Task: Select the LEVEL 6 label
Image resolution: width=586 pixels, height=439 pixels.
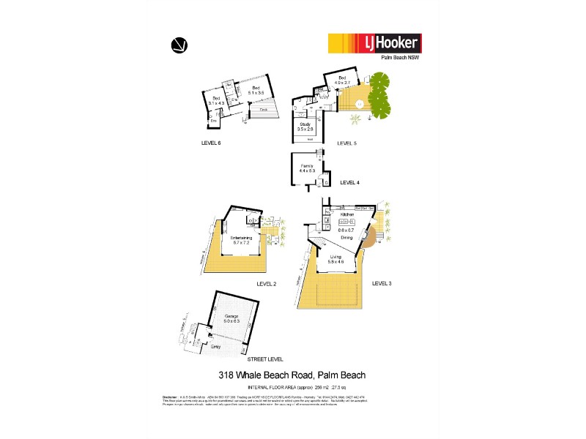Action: [211, 143]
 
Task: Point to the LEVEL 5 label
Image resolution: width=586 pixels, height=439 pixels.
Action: [346, 143]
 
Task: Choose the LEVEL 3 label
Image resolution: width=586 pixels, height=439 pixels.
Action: [382, 282]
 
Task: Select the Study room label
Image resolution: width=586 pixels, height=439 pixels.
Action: [305, 124]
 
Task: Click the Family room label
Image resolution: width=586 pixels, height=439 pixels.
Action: [307, 167]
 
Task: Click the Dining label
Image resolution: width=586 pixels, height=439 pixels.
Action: [347, 238]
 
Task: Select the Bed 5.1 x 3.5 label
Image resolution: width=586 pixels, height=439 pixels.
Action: [256, 91]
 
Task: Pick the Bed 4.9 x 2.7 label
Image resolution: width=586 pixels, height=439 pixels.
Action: [342, 80]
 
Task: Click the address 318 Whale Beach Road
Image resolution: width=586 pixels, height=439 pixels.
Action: [292, 375]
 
